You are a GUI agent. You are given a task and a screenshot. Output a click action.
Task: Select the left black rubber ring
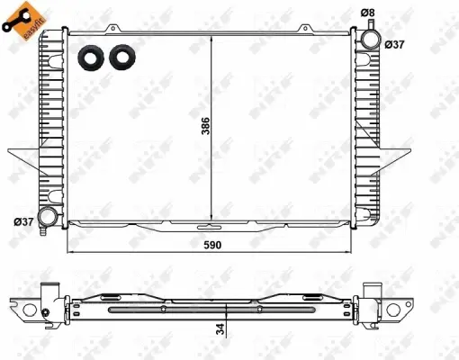click(x=90, y=57)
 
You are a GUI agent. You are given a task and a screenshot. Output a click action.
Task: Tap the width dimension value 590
click(x=213, y=245)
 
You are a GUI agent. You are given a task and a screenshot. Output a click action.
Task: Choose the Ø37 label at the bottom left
click(x=22, y=221)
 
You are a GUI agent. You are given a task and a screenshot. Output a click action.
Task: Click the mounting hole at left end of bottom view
click(x=28, y=310)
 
